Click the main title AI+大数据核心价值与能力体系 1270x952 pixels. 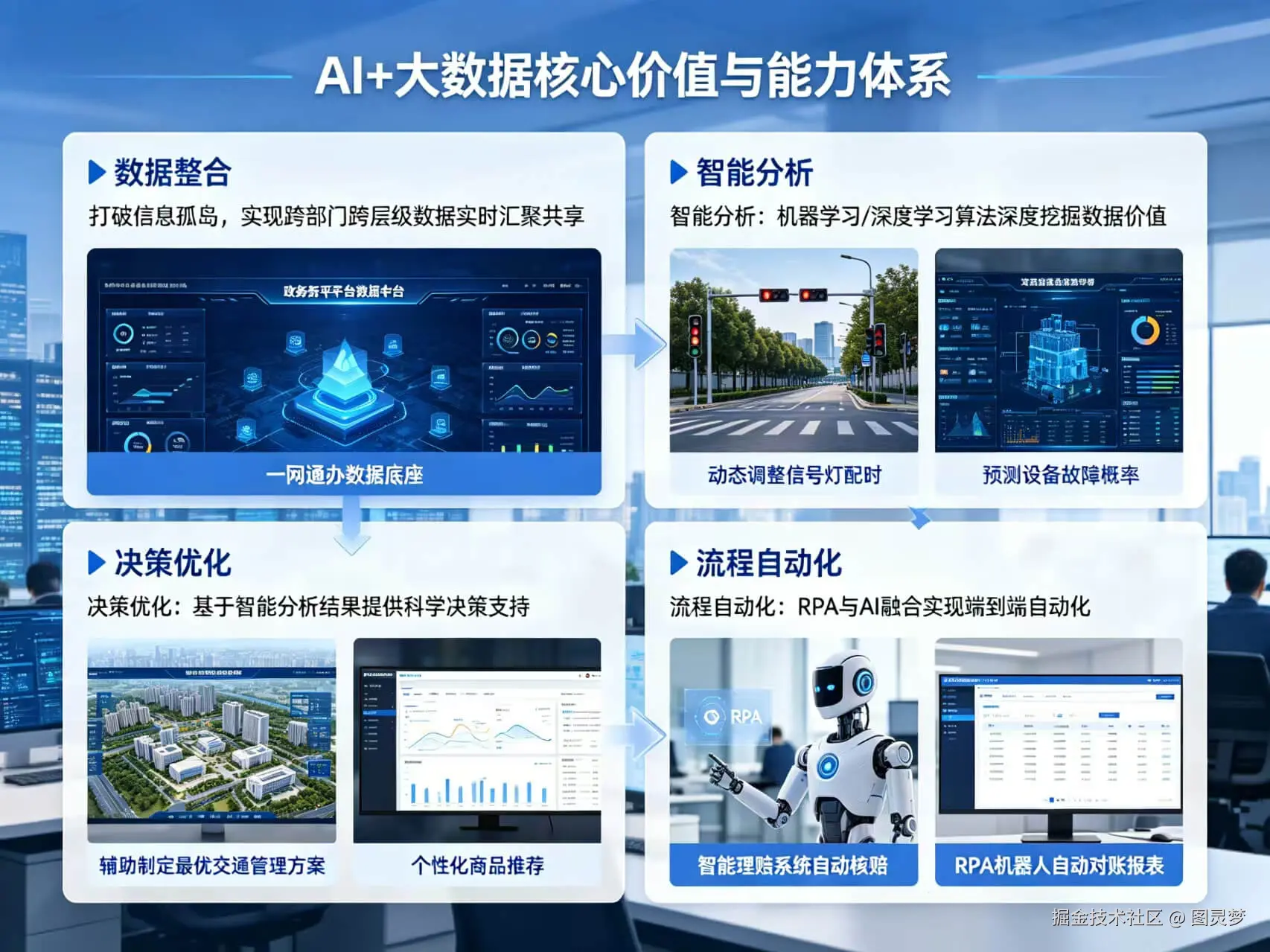[633, 75]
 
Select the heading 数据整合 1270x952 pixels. [172, 173]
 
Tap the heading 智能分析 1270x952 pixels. [754, 173]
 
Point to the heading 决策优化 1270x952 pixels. [172, 563]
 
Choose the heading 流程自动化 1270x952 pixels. [768, 563]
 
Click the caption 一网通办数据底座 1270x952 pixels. [344, 475]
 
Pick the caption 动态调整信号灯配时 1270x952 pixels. [794, 475]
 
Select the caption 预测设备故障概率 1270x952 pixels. [1059, 475]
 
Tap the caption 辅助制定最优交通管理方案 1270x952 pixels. [212, 866]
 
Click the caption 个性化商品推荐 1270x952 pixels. [477, 866]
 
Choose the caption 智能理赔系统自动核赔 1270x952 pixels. [793, 866]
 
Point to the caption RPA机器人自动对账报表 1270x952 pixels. [1059, 866]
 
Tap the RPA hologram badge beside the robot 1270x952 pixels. [733, 717]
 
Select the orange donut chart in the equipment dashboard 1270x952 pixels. [1144, 331]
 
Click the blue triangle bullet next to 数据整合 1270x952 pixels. [96, 173]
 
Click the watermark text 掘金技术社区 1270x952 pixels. [1106, 917]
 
